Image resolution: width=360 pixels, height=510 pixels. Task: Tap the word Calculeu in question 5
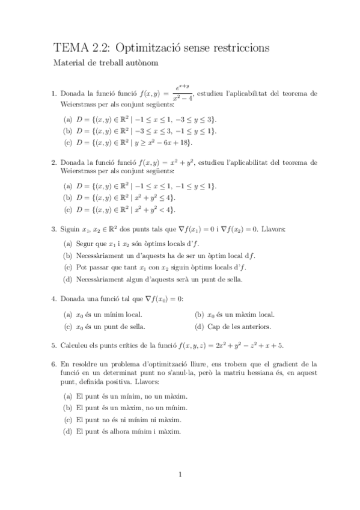point(76,345)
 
